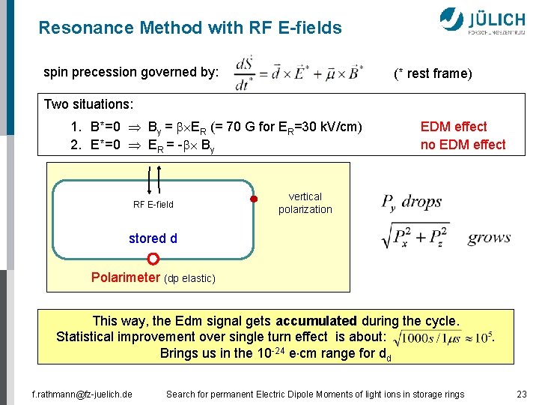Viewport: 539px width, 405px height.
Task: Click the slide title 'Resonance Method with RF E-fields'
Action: click(x=190, y=28)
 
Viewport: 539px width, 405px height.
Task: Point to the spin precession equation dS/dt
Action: click(x=299, y=72)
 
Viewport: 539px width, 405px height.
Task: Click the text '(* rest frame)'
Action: click(x=433, y=73)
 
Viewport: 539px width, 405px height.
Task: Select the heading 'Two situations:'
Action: click(x=88, y=103)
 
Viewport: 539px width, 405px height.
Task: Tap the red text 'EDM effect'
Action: click(x=454, y=127)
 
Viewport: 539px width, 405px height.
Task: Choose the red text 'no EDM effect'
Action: click(x=463, y=145)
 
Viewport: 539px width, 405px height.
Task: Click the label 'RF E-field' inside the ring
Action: click(x=153, y=204)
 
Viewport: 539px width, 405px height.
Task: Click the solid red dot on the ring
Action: click(x=254, y=199)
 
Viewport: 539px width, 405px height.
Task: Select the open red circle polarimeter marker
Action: click(x=153, y=259)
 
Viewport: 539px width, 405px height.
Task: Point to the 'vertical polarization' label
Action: click(x=305, y=203)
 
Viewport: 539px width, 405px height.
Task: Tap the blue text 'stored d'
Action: click(x=153, y=238)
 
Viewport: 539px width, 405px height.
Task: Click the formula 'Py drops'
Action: click(x=412, y=202)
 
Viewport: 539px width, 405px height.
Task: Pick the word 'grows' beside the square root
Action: click(x=489, y=238)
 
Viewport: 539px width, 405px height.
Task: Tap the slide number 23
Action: click(x=521, y=394)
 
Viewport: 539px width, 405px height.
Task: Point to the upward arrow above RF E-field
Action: click(x=160, y=178)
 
